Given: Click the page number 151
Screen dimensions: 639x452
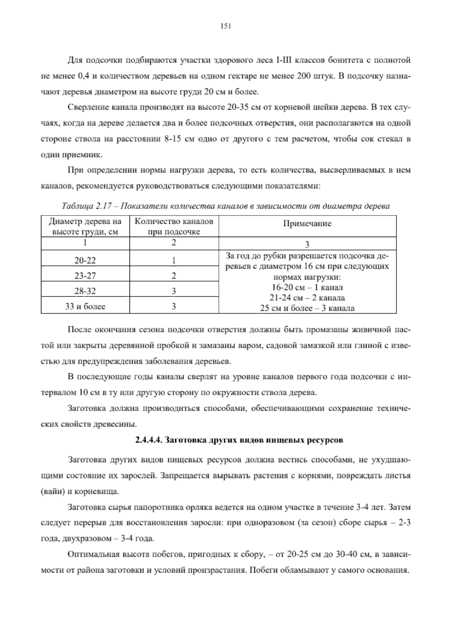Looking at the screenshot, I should click(225, 26).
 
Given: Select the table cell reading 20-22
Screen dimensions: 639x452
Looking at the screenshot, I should click(85, 260).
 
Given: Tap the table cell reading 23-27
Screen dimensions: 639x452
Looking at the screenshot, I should click(85, 276).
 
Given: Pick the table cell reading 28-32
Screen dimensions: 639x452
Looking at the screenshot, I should click(85, 291).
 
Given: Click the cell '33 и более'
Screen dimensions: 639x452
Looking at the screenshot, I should click(85, 306).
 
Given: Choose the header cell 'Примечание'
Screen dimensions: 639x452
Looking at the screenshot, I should click(307, 223).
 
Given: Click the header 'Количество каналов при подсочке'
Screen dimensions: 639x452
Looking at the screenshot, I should click(174, 226).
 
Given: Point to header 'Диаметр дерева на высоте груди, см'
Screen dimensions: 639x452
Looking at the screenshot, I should click(85, 226).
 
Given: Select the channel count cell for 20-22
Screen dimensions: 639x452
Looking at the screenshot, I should click(174, 260).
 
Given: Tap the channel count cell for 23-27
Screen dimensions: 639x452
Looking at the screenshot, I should click(174, 276).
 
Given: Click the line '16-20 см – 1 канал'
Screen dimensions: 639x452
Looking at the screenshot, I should click(307, 287).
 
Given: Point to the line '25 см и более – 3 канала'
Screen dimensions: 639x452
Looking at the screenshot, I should click(307, 308).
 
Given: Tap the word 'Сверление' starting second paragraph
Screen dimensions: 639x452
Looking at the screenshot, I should click(85, 107).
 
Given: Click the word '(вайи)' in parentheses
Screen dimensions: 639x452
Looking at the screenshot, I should click(52, 492).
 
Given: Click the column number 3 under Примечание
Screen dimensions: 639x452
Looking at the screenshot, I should click(307, 244).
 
